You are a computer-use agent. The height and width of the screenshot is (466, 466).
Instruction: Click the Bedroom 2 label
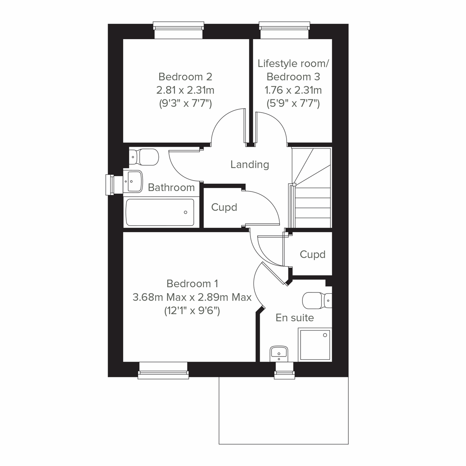tap(185, 77)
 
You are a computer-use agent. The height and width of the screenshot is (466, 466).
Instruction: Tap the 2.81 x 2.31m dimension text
tap(185, 90)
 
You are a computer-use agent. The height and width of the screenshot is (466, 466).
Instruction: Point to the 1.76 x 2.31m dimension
tap(293, 90)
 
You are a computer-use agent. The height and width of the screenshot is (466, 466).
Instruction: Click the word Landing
tap(250, 164)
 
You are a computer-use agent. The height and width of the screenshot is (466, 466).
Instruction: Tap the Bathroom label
tap(171, 188)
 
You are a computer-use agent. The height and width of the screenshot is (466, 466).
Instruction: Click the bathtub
tap(160, 212)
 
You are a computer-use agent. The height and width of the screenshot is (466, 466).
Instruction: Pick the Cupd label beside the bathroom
tap(224, 207)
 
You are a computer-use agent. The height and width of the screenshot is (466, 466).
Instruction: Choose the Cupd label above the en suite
tap(313, 255)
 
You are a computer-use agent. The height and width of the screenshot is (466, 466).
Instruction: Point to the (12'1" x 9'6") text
tap(192, 311)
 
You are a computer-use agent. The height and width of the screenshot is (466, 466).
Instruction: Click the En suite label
tap(295, 318)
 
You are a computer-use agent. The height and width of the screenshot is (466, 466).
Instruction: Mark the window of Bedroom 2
tap(178, 30)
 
